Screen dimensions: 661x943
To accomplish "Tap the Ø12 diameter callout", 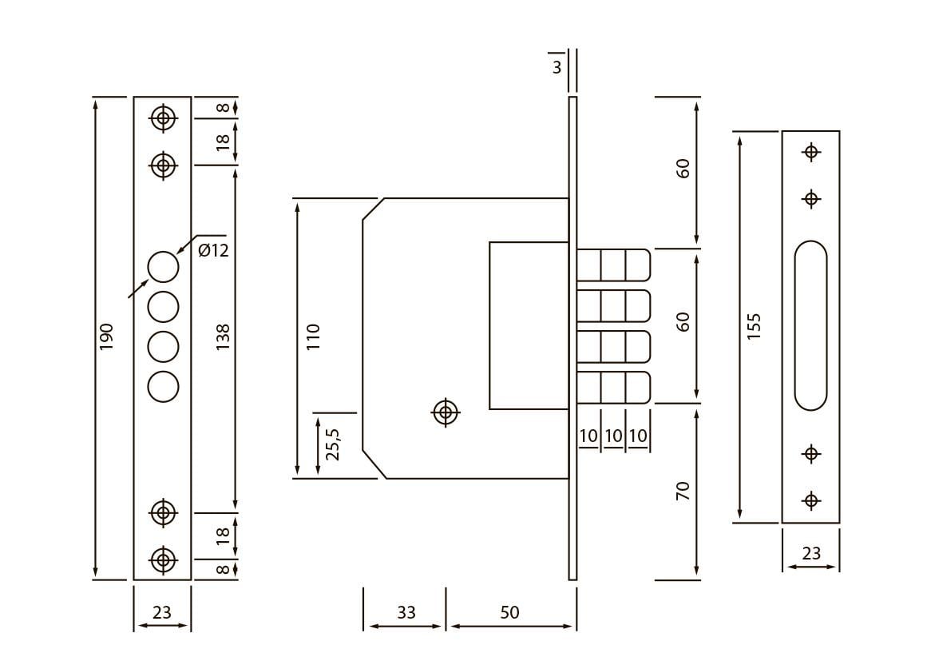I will [213, 251].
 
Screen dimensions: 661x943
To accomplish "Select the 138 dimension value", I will [223, 336].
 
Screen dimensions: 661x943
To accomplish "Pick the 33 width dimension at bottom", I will [406, 613].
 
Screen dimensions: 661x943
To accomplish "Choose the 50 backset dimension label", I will [509, 613].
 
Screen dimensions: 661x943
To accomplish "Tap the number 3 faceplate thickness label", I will [557, 68].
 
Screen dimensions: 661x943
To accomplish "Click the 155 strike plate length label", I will [755, 326].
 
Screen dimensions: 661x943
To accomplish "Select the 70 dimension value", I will [683, 491].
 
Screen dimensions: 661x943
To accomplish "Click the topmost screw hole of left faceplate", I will [164, 119].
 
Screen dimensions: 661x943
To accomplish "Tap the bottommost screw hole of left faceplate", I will [164, 559].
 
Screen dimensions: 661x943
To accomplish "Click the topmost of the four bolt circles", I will [164, 267].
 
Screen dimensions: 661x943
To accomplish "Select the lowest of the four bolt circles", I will [164, 386].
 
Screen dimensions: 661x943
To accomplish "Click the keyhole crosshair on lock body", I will [446, 412].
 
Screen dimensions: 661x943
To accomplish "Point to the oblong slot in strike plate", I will [811, 325].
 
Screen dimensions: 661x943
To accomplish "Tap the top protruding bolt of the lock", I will [613, 265].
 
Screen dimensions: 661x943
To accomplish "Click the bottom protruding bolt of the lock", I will [613, 388].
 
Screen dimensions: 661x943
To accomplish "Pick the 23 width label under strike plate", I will [811, 553].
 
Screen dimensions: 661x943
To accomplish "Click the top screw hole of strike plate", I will [811, 151].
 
